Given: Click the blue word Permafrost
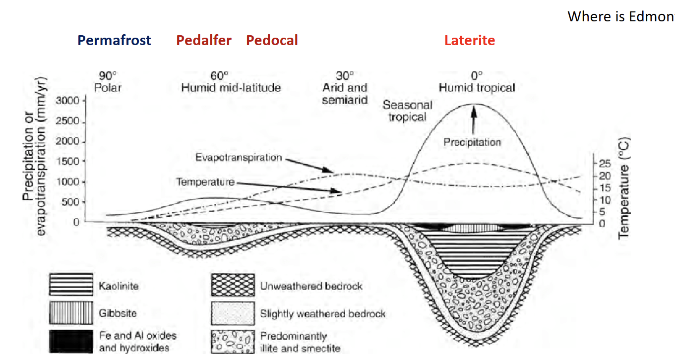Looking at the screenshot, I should pos(114,41).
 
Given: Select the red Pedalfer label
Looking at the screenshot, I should pos(204,41).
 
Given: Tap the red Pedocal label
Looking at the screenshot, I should pos(272,41).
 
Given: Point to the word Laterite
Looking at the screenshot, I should pos(470,41).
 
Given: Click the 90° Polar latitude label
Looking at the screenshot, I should pos(108,82).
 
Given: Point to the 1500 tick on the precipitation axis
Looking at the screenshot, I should pos(69,162).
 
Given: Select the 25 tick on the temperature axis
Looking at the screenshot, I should pos(601,163).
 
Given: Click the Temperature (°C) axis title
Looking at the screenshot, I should pos(624,187).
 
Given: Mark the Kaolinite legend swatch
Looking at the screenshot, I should pos(71,286).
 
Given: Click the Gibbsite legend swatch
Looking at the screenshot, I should pos(71,313).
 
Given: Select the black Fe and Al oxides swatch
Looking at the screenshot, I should pos(71,341).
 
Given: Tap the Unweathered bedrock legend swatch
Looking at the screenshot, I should pos(233,286).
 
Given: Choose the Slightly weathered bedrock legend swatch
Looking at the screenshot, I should pos(233,313).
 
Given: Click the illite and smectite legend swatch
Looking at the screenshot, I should pos(233,341).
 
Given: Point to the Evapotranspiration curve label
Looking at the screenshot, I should pos(239,158).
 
